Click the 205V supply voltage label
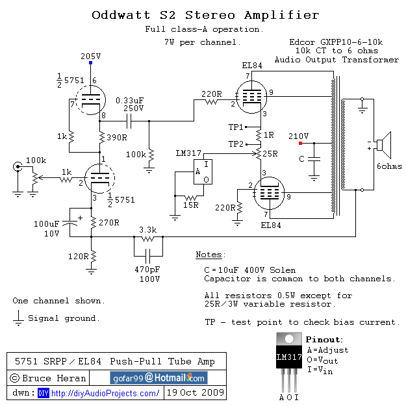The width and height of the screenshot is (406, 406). [x=90, y=56]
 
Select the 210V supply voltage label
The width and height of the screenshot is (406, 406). [x=298, y=136]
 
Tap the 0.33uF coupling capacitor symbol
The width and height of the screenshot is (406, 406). [x=133, y=120]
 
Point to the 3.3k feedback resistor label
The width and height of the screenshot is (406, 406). [x=148, y=229]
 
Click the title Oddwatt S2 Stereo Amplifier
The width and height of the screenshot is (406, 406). [x=205, y=15]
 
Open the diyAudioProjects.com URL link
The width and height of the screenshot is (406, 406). [x=105, y=393]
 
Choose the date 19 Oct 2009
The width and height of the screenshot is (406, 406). [x=196, y=393]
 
